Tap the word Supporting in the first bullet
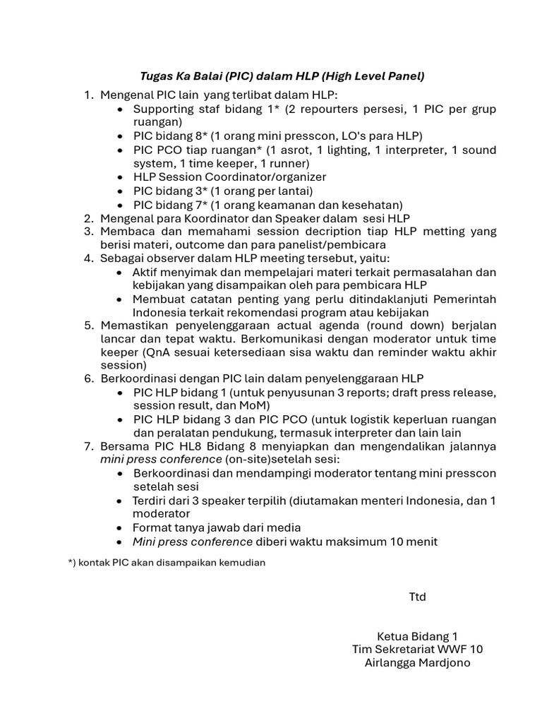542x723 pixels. (164, 109)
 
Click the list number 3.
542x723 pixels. (88, 232)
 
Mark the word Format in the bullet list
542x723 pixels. (152, 527)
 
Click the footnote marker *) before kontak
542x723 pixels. (71, 562)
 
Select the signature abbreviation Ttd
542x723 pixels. (418, 597)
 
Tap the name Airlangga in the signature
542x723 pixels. (391, 662)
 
